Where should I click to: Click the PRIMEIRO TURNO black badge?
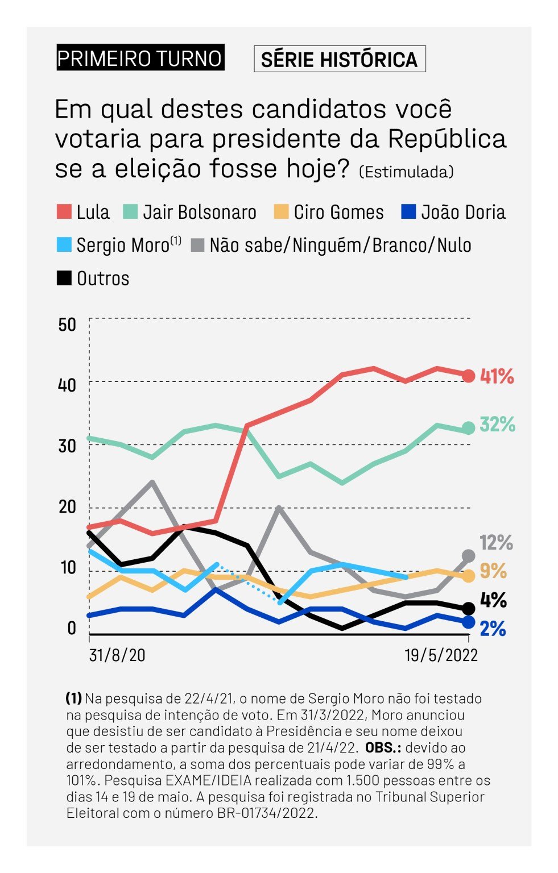point(140,58)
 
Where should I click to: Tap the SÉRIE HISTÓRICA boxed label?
point(339,59)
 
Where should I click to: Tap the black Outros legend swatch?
point(64,278)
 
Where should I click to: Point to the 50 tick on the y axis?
point(67,325)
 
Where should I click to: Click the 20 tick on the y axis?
point(67,506)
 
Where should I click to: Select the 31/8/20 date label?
point(117,655)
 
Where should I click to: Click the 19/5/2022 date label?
point(441,655)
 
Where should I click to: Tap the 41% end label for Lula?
point(497,376)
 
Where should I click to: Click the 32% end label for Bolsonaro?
point(497,424)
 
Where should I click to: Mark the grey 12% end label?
point(496,543)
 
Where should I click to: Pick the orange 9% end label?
point(493,571)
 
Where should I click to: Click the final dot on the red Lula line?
point(468,376)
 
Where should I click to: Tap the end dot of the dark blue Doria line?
point(468,622)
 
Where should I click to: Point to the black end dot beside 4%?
point(468,609)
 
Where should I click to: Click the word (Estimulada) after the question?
point(406,172)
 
